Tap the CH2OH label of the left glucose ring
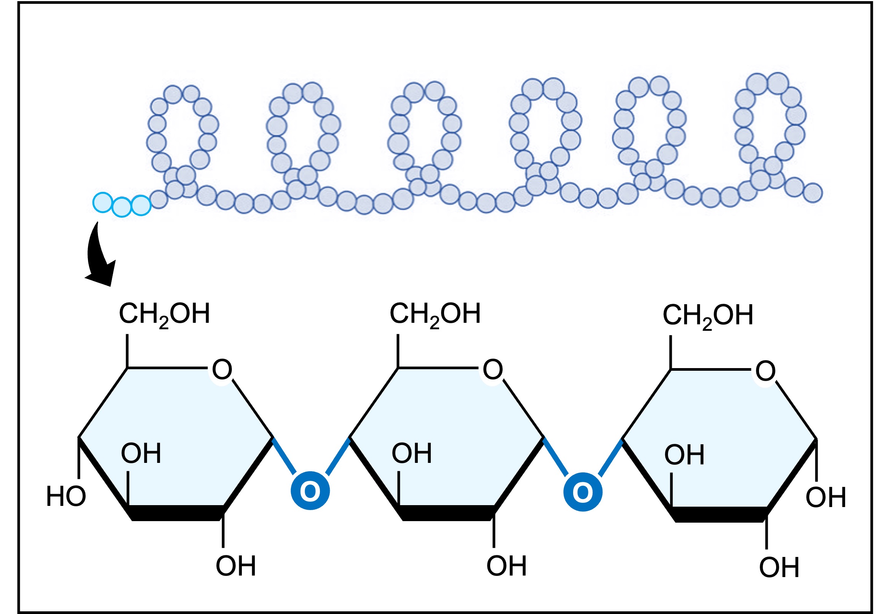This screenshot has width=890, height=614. click(164, 314)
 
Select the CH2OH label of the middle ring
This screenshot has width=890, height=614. click(435, 314)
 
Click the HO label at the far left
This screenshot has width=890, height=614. click(66, 496)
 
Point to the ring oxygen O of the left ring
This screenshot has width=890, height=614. click(222, 370)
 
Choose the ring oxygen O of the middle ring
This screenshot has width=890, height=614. click(492, 370)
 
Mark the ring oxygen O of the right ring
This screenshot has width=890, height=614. click(765, 371)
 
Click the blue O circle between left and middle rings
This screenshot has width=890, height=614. click(310, 491)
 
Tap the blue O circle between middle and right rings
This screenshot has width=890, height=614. click(583, 492)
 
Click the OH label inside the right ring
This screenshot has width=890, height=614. click(684, 455)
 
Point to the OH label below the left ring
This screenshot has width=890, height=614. click(235, 566)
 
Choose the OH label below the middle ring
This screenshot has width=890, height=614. click(507, 566)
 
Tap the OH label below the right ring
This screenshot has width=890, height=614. click(779, 568)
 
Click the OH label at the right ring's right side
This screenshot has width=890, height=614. click(826, 498)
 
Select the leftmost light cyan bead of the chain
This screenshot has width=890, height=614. click(102, 203)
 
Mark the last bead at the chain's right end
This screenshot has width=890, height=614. click(813, 193)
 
